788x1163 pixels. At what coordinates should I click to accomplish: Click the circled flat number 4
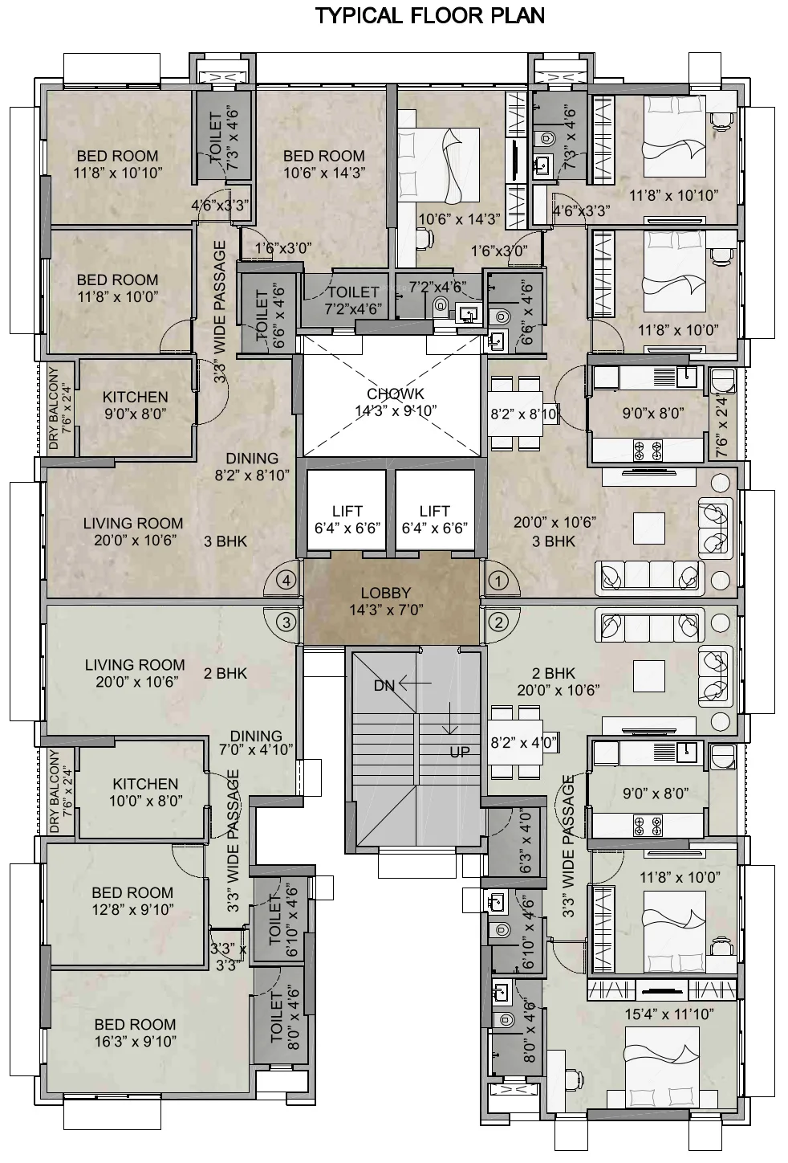click(286, 580)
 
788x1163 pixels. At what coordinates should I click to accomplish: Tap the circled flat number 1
click(499, 580)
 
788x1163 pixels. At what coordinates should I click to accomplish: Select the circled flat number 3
click(286, 621)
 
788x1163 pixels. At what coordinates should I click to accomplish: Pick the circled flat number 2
click(499, 621)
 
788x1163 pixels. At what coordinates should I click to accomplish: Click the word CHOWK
click(395, 394)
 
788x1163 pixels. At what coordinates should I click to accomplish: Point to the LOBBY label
click(385, 594)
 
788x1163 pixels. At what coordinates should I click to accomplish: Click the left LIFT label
click(347, 511)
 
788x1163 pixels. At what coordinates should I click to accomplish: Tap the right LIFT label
click(434, 511)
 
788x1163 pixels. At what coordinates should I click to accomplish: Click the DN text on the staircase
click(384, 685)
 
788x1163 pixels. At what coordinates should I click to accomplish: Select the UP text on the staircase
click(459, 753)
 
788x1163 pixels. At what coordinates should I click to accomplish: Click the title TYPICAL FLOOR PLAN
click(430, 15)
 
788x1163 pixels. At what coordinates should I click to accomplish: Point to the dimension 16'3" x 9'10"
click(135, 1042)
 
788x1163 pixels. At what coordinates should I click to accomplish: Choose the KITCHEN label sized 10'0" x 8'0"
click(145, 784)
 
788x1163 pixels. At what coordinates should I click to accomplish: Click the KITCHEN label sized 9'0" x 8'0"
click(135, 397)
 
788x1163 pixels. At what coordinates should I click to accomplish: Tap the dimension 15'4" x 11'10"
click(669, 1014)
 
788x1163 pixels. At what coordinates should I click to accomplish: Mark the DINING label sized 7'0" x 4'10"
click(256, 736)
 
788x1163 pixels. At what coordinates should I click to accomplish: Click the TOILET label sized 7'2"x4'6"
click(353, 292)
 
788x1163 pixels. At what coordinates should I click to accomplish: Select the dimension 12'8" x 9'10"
click(132, 910)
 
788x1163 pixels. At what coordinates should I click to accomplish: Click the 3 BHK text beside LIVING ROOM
click(225, 541)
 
